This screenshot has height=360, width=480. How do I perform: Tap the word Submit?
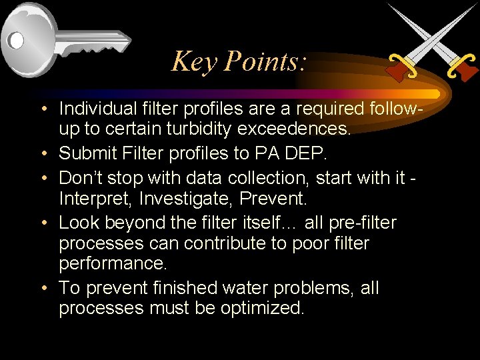pos(85,154)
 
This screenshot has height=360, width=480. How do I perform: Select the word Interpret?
pos(90,199)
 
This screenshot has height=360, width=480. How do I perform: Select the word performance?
pos(113,263)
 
